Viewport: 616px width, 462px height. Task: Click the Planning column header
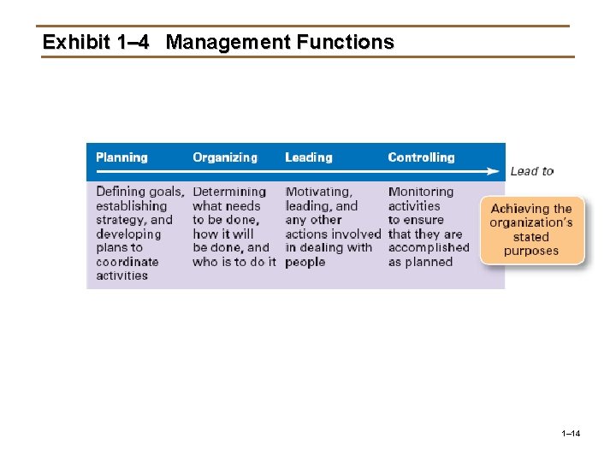click(121, 157)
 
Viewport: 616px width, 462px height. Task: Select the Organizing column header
click(225, 157)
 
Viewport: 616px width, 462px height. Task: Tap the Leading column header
click(309, 157)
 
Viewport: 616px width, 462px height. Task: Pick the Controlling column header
click(421, 157)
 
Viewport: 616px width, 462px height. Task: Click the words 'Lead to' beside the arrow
click(531, 171)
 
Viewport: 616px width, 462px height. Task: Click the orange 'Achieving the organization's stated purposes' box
click(531, 230)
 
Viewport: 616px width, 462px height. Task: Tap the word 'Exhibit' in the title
click(76, 42)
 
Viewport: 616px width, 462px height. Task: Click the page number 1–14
click(571, 435)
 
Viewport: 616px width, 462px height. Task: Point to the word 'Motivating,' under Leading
click(318, 192)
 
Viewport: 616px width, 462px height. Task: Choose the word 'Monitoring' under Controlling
click(421, 192)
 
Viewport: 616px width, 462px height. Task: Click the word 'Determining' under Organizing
click(229, 192)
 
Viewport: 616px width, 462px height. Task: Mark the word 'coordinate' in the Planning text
click(127, 262)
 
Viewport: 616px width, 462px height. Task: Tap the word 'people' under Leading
click(305, 262)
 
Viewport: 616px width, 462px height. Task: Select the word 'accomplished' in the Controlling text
click(429, 248)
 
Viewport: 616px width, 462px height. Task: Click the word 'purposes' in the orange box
click(531, 252)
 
